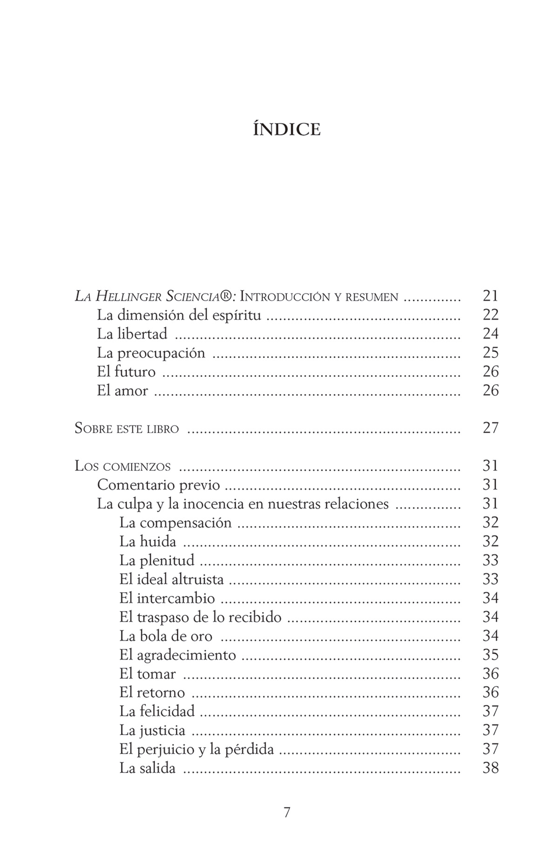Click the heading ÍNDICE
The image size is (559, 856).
click(286, 129)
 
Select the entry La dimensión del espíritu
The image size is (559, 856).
click(179, 315)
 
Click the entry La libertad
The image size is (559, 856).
click(132, 334)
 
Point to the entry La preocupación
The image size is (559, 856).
click(151, 353)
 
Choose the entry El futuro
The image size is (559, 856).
click(126, 372)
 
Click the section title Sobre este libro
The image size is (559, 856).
click(127, 428)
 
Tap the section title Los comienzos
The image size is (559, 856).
click(123, 466)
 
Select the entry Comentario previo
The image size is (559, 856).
click(158, 485)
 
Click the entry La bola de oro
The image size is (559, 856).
click(166, 636)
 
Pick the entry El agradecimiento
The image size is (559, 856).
click(177, 655)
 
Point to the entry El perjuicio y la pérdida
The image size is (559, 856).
click(196, 749)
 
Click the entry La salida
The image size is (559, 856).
click(147, 768)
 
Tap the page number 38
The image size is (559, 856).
click(491, 768)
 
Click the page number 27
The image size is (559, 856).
click(491, 428)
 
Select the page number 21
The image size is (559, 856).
click(491, 296)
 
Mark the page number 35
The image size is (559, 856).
click(491, 655)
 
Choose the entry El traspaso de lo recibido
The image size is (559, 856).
click(200, 617)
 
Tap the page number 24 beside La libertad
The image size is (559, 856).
click(491, 334)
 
